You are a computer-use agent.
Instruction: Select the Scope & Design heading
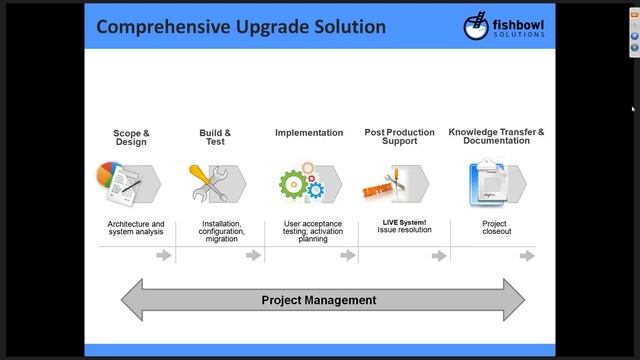[131, 137]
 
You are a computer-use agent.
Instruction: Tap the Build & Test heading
[215, 137]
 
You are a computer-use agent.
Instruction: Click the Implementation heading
[309, 132]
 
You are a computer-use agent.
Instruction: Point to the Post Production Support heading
[399, 137]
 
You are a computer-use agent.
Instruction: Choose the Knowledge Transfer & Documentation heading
[496, 137]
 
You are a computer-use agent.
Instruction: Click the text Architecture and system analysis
[136, 228]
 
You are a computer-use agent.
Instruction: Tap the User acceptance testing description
[312, 231]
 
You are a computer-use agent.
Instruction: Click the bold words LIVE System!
[404, 223]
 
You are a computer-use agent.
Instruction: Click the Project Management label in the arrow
[319, 300]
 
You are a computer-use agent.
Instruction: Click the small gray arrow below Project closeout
[526, 256]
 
